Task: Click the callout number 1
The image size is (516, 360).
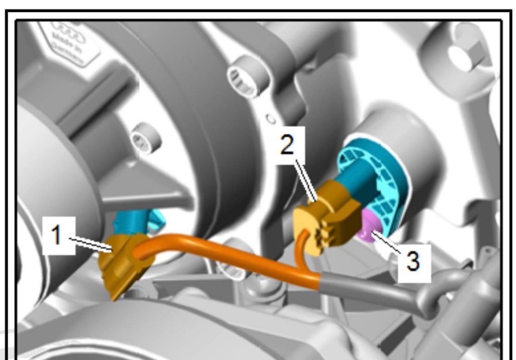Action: [x=57, y=236]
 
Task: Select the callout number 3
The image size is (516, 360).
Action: [x=413, y=261]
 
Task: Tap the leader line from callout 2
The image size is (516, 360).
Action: [x=306, y=179]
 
